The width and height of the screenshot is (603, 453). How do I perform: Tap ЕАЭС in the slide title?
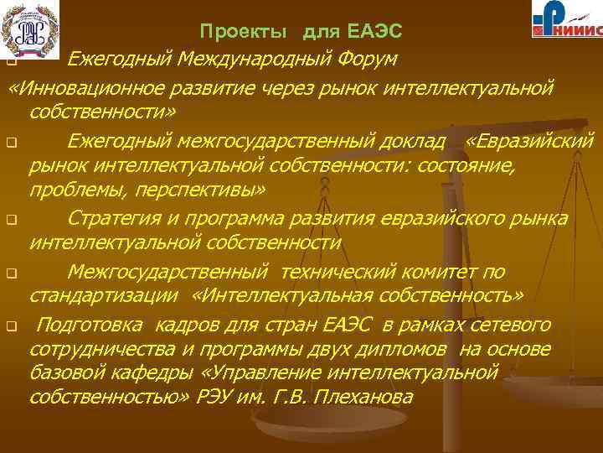click(375, 32)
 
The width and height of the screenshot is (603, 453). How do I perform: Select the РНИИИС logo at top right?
click(565, 21)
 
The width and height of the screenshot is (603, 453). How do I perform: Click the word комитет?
click(434, 271)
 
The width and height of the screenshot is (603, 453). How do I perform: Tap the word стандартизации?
click(105, 296)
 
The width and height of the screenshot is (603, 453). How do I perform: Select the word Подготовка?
click(90, 324)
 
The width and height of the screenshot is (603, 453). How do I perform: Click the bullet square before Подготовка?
click(12, 325)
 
